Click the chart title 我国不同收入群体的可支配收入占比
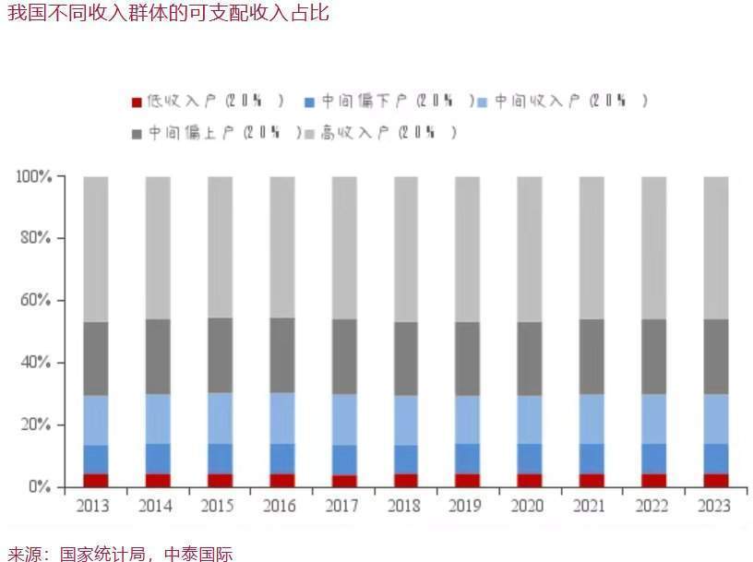coord(167,14)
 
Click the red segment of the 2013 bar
coord(96,480)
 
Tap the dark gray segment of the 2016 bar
coord(282,355)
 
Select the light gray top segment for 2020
coord(530,249)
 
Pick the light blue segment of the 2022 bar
coord(654,419)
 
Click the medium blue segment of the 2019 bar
coord(468,459)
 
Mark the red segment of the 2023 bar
coord(716,480)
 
